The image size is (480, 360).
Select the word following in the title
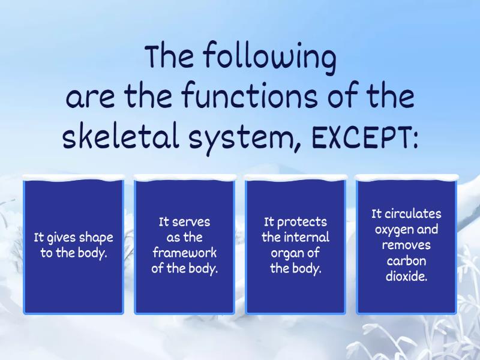[269, 58]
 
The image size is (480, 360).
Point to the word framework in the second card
[184, 253]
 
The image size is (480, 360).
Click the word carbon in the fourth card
[407, 261]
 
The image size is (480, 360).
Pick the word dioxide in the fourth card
[407, 277]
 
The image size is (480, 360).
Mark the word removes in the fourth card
[407, 245]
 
